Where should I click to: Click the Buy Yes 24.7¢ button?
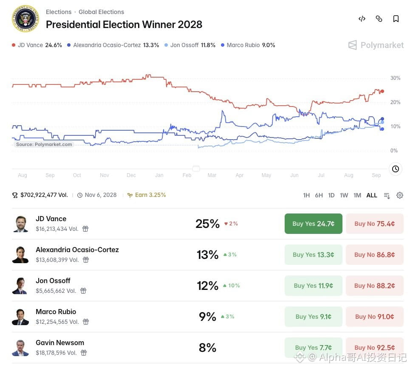click(313, 224)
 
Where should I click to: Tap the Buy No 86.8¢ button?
click(374, 255)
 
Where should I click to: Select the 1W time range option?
click(344, 195)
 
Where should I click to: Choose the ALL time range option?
click(372, 195)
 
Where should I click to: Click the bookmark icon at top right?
click(396, 19)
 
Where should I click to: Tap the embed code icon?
click(362, 19)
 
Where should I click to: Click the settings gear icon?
click(399, 195)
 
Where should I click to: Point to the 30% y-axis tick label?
click(395, 78)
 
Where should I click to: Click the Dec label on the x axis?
click(131, 175)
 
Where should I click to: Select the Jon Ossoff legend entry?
click(190, 45)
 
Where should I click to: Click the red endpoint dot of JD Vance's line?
click(382, 91)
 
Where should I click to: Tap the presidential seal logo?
click(25, 19)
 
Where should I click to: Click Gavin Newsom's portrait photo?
click(20, 348)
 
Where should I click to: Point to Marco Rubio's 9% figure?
click(207, 317)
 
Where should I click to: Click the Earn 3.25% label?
click(147, 195)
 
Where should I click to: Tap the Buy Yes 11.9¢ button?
click(313, 286)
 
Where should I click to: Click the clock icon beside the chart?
click(396, 169)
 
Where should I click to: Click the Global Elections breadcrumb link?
click(101, 12)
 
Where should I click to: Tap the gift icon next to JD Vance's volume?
click(85, 229)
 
